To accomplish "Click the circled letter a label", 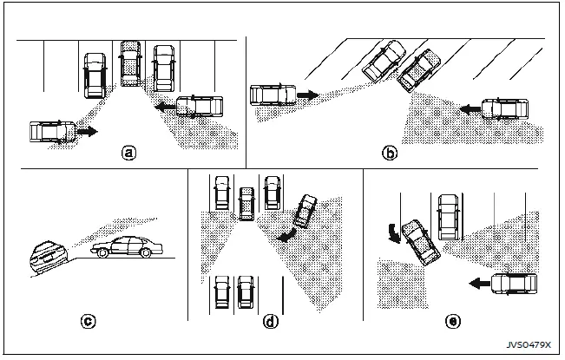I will pyautogui.click(x=128, y=153).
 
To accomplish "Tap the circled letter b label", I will pyautogui.click(x=391, y=153).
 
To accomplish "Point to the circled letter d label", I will pyautogui.click(x=271, y=322).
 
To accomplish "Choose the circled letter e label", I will pyautogui.click(x=451, y=322).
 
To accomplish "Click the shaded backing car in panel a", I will pyautogui.click(x=131, y=62).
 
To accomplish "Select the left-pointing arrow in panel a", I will pyautogui.click(x=164, y=108).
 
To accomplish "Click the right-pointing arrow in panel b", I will pyautogui.click(x=308, y=92).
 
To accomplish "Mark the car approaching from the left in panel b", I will pyautogui.click(x=272, y=94).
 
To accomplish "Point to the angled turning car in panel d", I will pyautogui.click(x=305, y=211).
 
